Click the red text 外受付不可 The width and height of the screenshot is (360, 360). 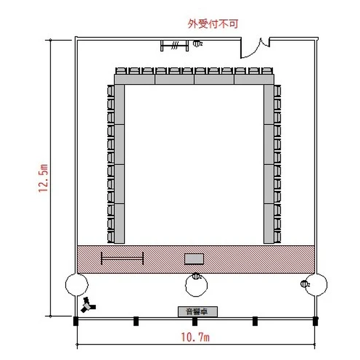pyautogui.click(x=213, y=24)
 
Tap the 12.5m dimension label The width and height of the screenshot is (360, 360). pyautogui.click(x=43, y=178)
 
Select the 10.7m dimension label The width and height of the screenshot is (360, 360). pyautogui.click(x=195, y=337)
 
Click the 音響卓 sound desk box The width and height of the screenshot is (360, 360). pyautogui.click(x=198, y=312)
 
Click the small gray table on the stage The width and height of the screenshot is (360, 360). pyautogui.click(x=194, y=259)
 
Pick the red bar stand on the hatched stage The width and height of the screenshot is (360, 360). pyautogui.click(x=122, y=259)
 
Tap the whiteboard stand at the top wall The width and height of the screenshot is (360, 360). pyautogui.click(x=175, y=46)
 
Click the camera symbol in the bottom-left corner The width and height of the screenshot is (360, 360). pyautogui.click(x=88, y=305)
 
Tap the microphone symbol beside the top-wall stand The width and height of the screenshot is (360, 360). pyautogui.click(x=197, y=43)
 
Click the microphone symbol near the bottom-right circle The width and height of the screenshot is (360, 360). pyautogui.click(x=305, y=284)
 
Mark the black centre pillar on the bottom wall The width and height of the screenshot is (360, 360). pyautogui.click(x=195, y=321)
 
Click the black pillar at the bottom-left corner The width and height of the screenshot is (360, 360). pyautogui.click(x=76, y=321)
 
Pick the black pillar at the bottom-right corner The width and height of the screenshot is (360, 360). pyautogui.click(x=315, y=321)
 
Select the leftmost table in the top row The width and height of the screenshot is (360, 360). pyautogui.click(x=134, y=79)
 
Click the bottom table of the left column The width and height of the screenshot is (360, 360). pyautogui.click(x=120, y=223)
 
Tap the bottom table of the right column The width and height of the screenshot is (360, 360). pyautogui.click(x=269, y=223)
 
